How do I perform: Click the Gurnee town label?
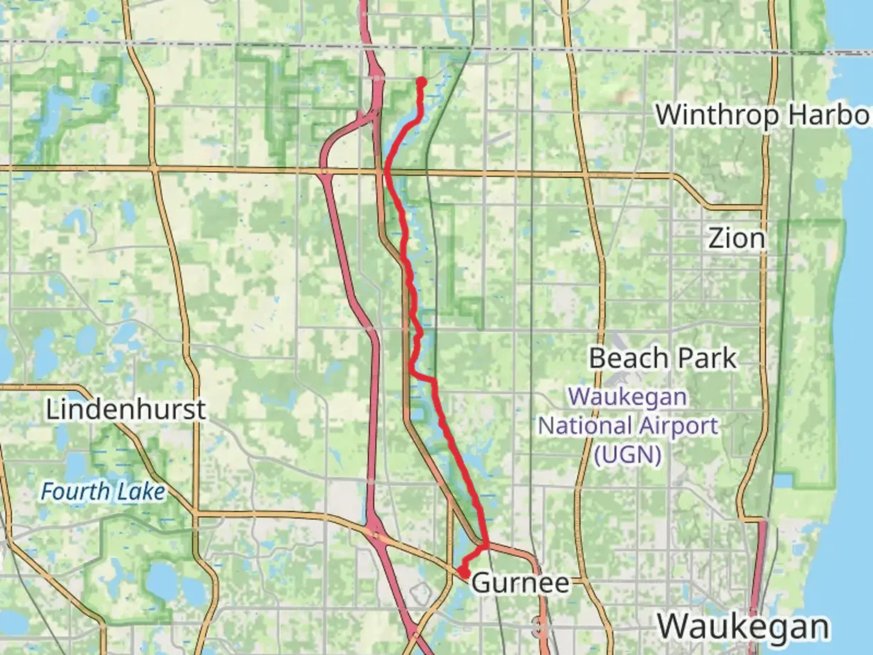click(520, 583)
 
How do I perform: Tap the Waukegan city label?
click(743, 626)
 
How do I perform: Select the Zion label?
click(736, 238)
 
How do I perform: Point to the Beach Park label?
click(663, 358)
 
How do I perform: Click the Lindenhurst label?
click(126, 410)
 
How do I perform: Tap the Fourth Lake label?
click(102, 491)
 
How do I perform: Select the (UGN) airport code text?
click(627, 454)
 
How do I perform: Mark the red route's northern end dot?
click(421, 81)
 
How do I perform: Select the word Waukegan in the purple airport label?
click(628, 397)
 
